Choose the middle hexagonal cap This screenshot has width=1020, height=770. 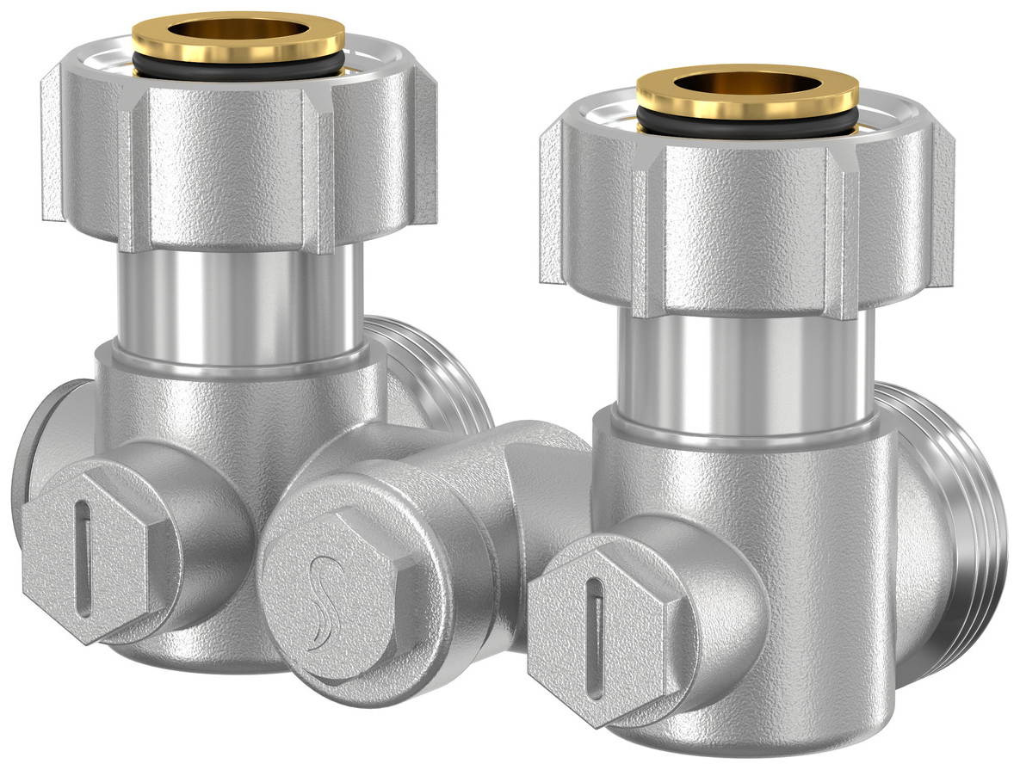click(x=340, y=594)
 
